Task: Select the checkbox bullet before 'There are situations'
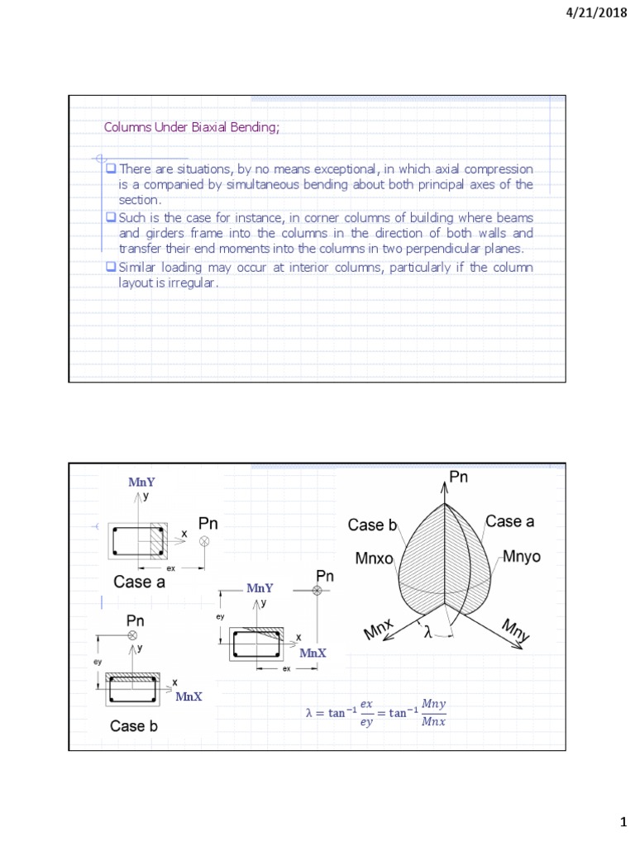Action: coord(111,169)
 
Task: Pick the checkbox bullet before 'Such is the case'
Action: coord(111,217)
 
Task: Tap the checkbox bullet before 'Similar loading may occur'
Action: coord(111,268)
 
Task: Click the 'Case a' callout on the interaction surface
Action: coord(509,521)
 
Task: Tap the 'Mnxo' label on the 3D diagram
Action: coord(375,559)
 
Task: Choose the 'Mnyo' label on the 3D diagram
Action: coord(520,558)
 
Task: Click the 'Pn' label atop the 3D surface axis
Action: coord(459,477)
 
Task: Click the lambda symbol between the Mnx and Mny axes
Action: coord(427,634)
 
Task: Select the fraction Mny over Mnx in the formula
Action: coord(432,713)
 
